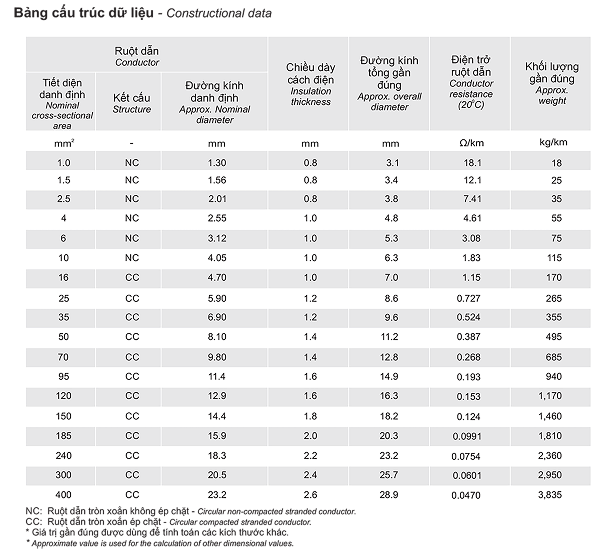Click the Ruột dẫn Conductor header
coord(137,56)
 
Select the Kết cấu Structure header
coord(132,103)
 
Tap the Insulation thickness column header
coord(310,84)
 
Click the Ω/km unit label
coord(471,143)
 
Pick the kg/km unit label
coord(553,142)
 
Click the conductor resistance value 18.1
coord(472,163)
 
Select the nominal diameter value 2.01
coord(217,199)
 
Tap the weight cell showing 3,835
coord(550,495)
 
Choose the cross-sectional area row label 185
coord(64,436)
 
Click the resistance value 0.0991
coord(467,436)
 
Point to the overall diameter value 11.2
coord(389,337)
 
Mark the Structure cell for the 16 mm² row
coord(132,277)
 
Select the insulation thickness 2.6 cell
coord(310,495)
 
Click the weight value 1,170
coord(550,396)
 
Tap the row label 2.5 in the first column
coord(64,199)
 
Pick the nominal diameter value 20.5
coord(217,475)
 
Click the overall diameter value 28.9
coord(389,495)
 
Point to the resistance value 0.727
coord(468,299)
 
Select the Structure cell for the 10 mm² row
coord(132,258)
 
